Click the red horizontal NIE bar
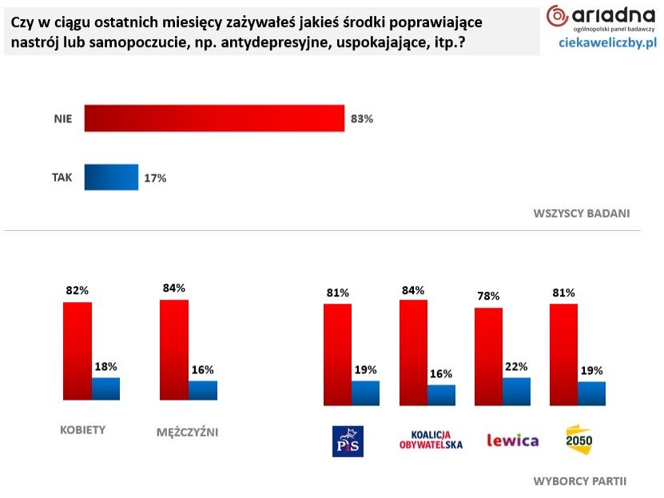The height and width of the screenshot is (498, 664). (x=214, y=118)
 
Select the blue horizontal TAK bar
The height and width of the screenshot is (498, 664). (x=111, y=177)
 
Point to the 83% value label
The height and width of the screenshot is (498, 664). (x=362, y=119)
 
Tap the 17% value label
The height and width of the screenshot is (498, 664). (x=155, y=178)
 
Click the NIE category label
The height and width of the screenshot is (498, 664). (x=63, y=119)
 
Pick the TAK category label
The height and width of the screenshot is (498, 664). (x=62, y=177)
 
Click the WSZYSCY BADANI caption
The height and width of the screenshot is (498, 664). (x=581, y=213)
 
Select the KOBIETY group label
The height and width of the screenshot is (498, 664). (x=83, y=429)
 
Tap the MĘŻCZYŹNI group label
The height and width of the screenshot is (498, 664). (x=187, y=432)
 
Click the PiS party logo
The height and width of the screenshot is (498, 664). (x=348, y=440)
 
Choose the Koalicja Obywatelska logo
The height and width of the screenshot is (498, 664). (x=431, y=440)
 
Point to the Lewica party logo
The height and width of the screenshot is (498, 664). (x=512, y=440)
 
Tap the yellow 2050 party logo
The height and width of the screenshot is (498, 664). (x=579, y=440)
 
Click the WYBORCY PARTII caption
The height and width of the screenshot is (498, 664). (x=580, y=481)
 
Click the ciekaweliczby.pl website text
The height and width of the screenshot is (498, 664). (x=607, y=42)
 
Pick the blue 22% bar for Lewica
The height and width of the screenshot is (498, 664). (x=516, y=391)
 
